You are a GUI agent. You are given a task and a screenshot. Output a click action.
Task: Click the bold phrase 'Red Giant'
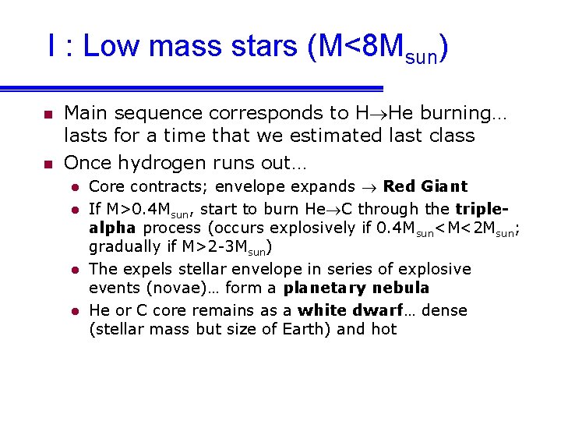point(425,186)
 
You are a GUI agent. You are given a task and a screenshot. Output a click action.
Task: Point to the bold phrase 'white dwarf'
point(350,310)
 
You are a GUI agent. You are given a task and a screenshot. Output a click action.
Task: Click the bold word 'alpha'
point(112,228)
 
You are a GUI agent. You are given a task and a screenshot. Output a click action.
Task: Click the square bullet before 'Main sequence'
point(48,115)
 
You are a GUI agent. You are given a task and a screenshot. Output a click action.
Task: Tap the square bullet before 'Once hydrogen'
point(48,165)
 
